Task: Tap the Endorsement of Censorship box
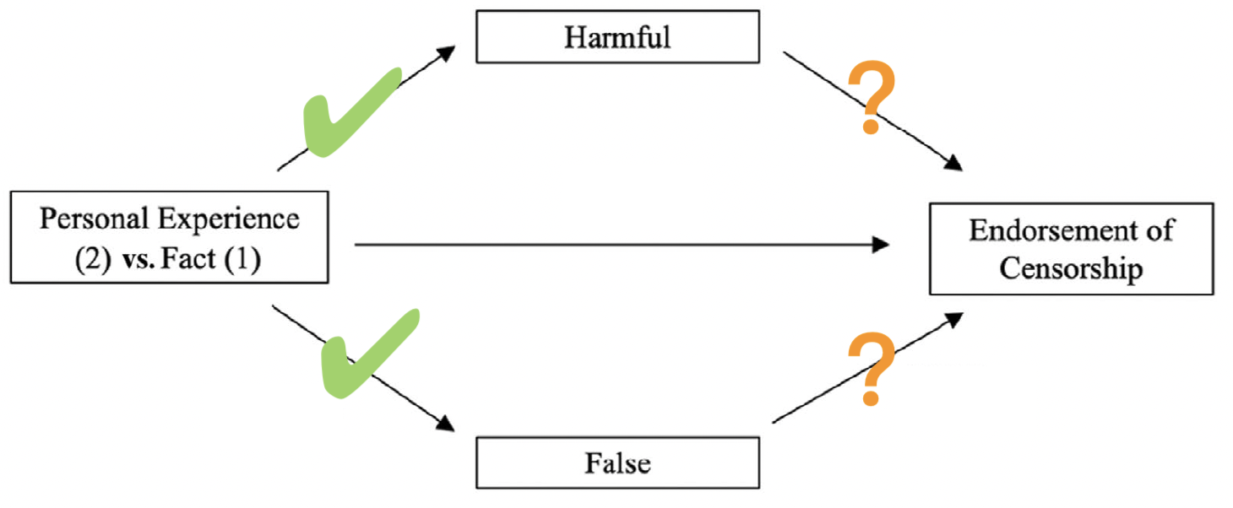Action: [1071, 249]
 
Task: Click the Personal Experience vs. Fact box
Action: [169, 239]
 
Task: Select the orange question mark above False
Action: [872, 368]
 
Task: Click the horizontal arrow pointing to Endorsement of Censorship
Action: [621, 245]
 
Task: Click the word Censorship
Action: [1071, 268]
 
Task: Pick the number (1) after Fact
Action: [246, 259]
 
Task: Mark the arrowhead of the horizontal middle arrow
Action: [880, 245]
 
